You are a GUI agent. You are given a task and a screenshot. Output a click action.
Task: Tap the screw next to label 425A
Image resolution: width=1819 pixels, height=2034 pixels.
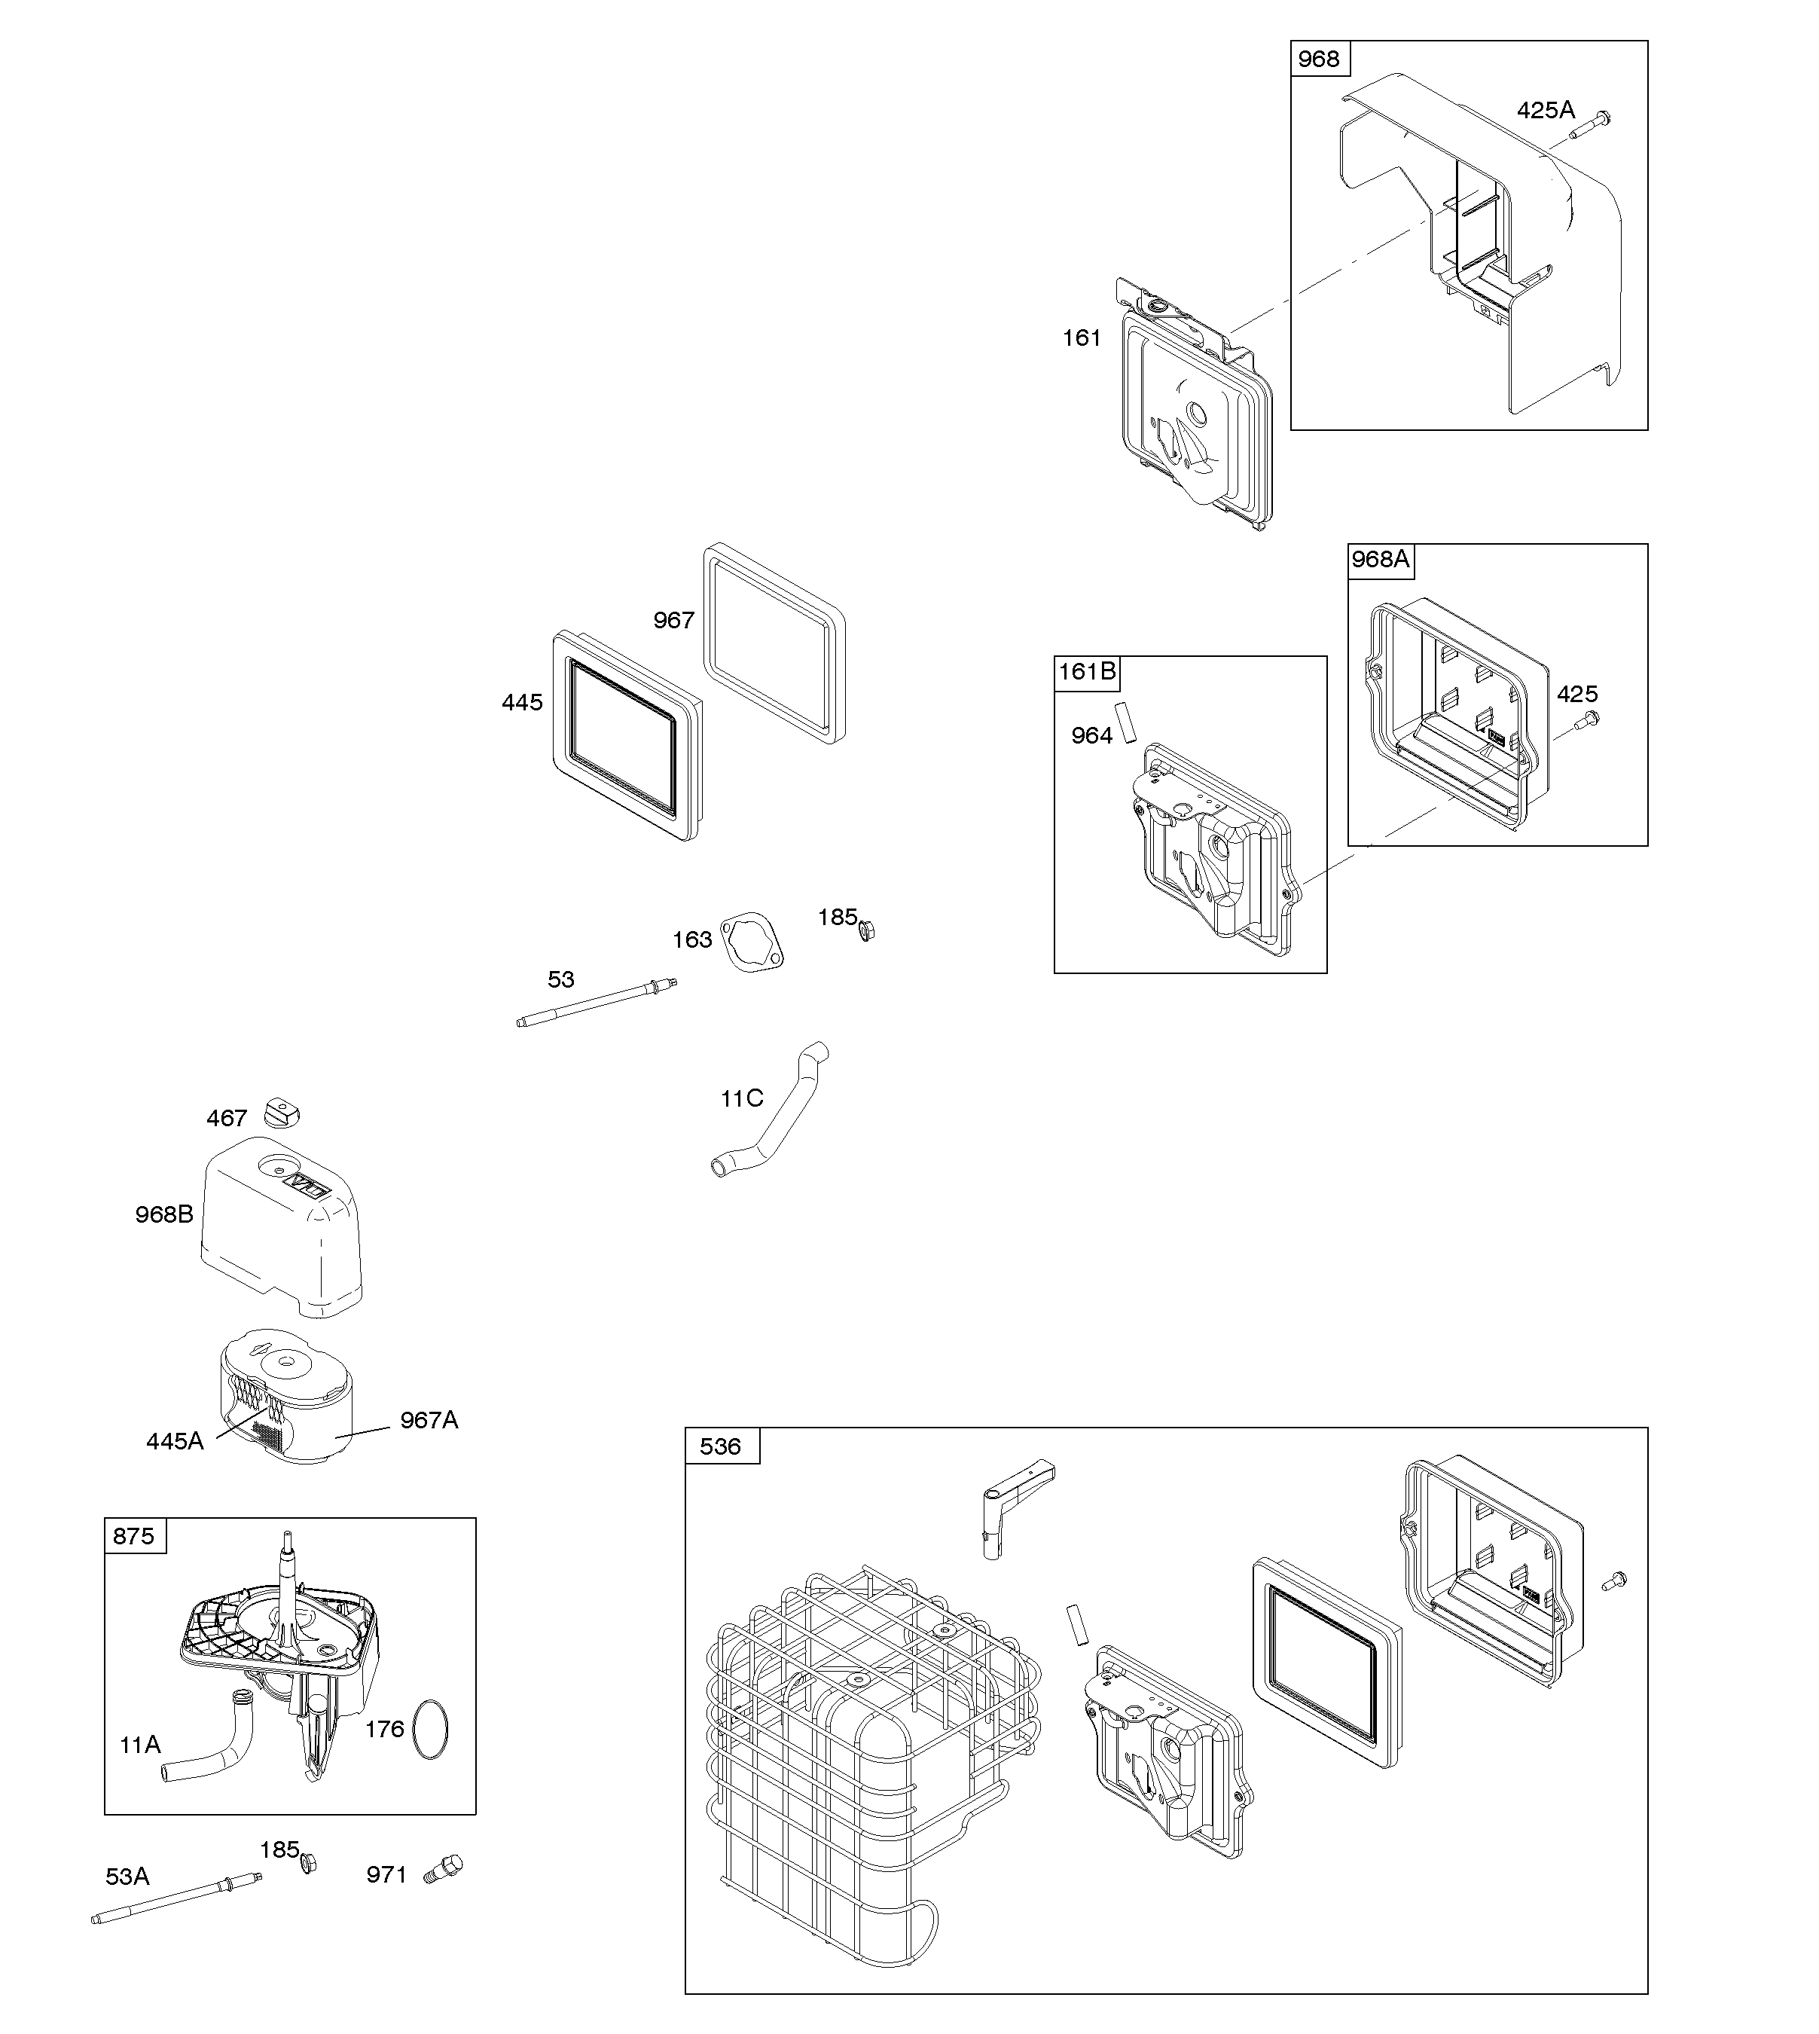(1593, 125)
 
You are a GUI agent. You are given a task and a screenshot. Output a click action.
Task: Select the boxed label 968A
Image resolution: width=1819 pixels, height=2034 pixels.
(1380, 560)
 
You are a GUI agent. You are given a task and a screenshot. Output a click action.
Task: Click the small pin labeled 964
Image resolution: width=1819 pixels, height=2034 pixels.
(1126, 721)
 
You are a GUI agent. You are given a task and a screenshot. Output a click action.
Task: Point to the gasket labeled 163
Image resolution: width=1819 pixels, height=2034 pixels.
(752, 941)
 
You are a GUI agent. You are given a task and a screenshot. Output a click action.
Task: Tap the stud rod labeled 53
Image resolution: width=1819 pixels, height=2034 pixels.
(598, 1003)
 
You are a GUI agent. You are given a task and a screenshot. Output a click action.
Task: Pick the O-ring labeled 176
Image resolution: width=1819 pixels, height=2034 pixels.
(430, 1729)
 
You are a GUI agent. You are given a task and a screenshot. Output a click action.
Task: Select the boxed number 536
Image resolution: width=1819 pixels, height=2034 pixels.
(721, 1446)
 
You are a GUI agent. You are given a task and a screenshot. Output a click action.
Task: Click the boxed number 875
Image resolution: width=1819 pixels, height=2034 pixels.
(134, 1535)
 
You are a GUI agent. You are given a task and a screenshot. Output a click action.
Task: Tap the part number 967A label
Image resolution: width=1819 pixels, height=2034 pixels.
(429, 1419)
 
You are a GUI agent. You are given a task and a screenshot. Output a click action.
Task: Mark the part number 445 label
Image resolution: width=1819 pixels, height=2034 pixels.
(522, 703)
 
